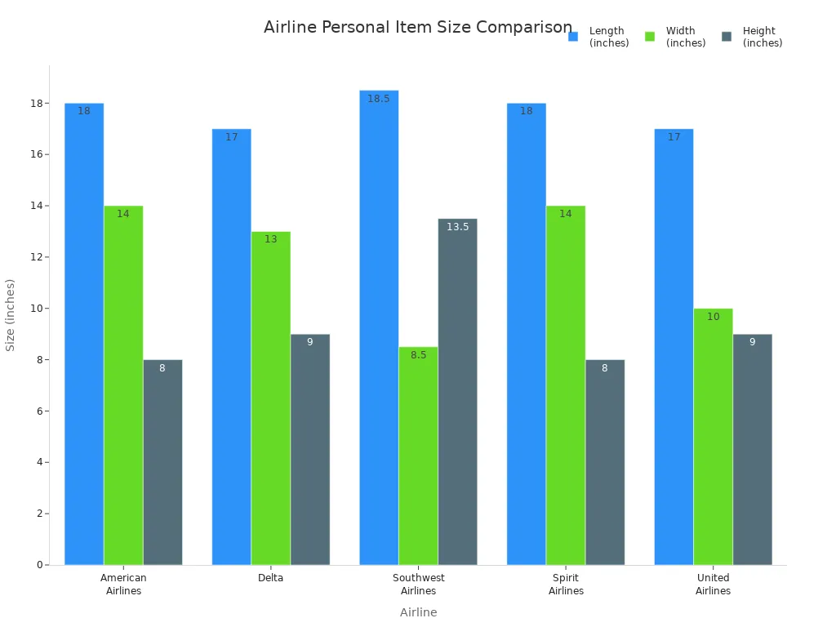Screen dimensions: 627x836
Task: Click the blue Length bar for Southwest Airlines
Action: [x=379, y=327]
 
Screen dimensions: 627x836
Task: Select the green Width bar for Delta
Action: [x=271, y=400]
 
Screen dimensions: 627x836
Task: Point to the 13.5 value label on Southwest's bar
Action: [x=457, y=227]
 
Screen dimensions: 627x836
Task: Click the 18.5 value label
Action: [x=379, y=99]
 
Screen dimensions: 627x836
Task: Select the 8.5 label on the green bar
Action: [x=418, y=355]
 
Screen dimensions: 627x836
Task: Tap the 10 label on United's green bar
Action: [x=713, y=317]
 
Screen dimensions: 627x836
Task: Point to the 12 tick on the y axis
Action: [x=36, y=257]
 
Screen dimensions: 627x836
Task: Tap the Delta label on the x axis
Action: [x=271, y=578]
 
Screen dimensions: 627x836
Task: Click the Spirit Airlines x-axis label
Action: [x=566, y=585]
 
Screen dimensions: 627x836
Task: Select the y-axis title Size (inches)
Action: [x=11, y=314]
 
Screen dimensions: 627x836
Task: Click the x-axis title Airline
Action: [x=418, y=612]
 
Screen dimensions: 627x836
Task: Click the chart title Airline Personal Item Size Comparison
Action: [x=418, y=27]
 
